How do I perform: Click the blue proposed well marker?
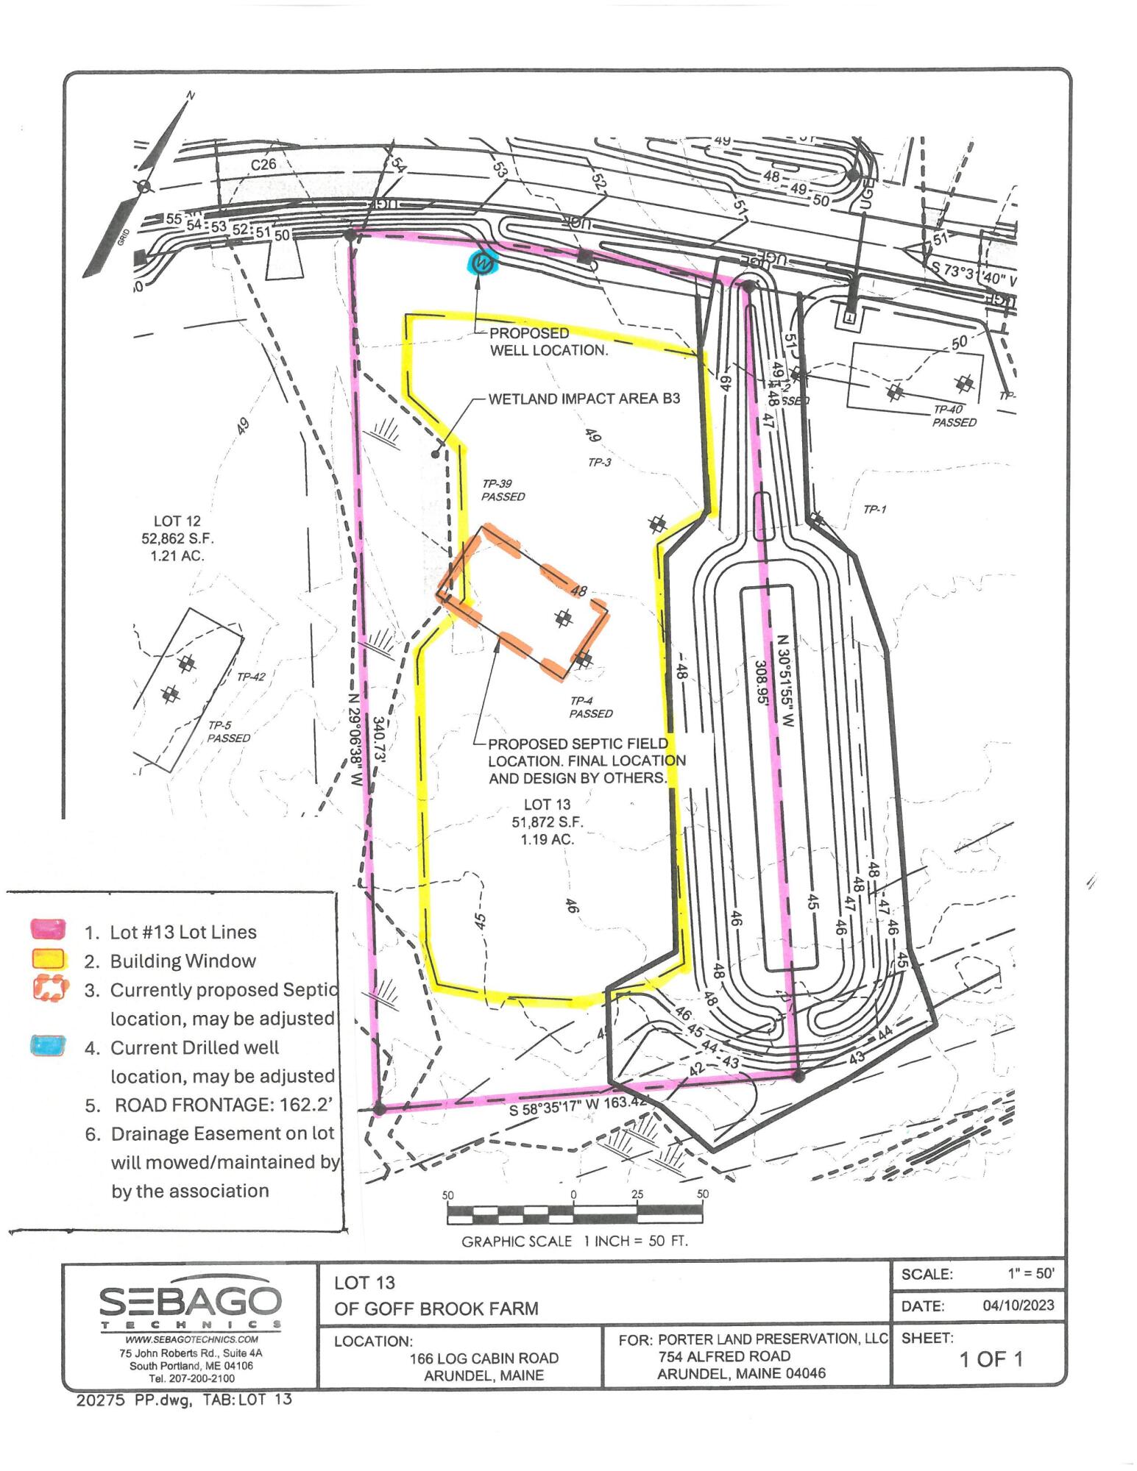click(483, 262)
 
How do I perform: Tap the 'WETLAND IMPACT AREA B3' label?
click(584, 399)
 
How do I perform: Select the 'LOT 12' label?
click(177, 521)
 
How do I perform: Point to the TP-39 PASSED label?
click(503, 490)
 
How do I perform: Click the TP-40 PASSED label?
click(954, 416)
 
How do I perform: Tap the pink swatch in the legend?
click(49, 929)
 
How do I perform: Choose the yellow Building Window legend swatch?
click(49, 959)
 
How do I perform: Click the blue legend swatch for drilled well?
click(49, 1045)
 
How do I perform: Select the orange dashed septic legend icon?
click(50, 988)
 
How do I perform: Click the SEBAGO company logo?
click(190, 1305)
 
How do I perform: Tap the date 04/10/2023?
click(1018, 1306)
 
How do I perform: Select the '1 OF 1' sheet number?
click(991, 1359)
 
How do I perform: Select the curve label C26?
click(263, 164)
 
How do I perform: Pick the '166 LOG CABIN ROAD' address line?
click(484, 1358)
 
